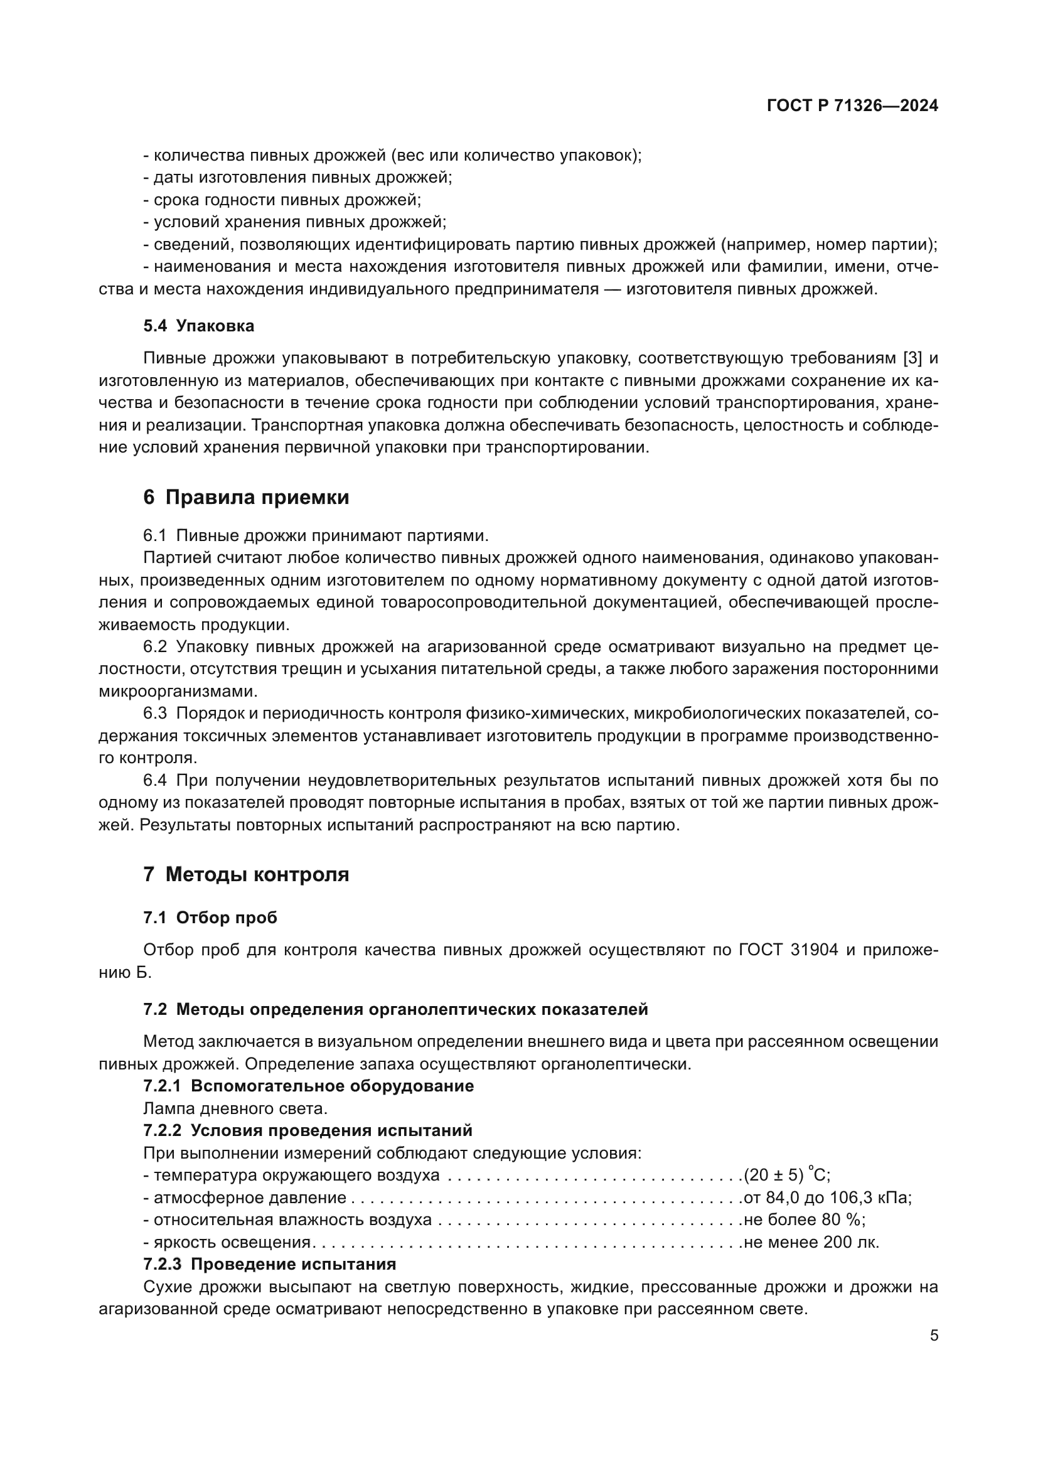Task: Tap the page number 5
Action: pyautogui.click(x=934, y=1336)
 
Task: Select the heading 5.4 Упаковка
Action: pyautogui.click(x=199, y=326)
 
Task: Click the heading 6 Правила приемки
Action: pyautogui.click(x=246, y=497)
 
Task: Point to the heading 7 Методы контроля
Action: pyautogui.click(x=246, y=874)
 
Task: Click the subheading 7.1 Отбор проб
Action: pyautogui.click(x=210, y=918)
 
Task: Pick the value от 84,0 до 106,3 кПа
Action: pyautogui.click(x=827, y=1197)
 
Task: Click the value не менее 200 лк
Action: pyautogui.click(x=810, y=1242)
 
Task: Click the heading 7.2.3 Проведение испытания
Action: pyautogui.click(x=270, y=1265)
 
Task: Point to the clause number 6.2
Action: pyautogui.click(x=154, y=647)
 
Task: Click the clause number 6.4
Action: pyautogui.click(x=154, y=781)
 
